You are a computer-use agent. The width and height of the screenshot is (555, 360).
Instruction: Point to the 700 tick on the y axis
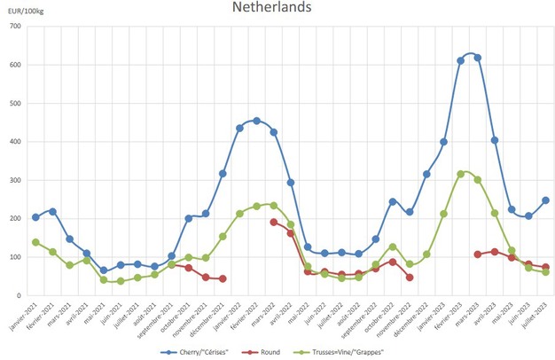pyautogui.click(x=15, y=27)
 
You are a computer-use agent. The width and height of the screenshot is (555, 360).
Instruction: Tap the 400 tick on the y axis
pyautogui.click(x=15, y=142)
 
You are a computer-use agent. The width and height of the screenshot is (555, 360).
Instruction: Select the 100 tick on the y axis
pyautogui.click(x=15, y=257)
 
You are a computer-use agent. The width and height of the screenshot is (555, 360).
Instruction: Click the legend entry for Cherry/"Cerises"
pyautogui.click(x=205, y=351)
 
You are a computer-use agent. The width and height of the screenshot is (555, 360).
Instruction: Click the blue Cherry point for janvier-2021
pyautogui.click(x=35, y=217)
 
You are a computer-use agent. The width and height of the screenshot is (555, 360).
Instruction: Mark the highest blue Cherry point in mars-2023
pyautogui.click(x=478, y=58)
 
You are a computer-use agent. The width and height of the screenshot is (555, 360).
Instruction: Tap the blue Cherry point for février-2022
pyautogui.click(x=256, y=121)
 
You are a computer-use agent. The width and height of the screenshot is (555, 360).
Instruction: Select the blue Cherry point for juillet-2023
pyautogui.click(x=545, y=200)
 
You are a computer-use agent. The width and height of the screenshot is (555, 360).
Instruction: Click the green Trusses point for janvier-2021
pyautogui.click(x=35, y=242)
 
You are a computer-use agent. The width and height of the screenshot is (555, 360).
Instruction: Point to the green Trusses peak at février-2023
pyautogui.click(x=461, y=174)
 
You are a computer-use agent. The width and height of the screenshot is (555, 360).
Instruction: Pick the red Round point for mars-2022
pyautogui.click(x=273, y=222)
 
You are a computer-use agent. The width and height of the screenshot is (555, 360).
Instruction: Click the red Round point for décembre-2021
pyautogui.click(x=223, y=278)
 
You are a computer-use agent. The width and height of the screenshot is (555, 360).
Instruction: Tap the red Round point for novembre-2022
pyautogui.click(x=410, y=277)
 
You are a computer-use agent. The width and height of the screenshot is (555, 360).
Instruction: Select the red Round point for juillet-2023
pyautogui.click(x=545, y=267)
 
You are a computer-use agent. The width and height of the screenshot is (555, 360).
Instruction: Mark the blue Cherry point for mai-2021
pyautogui.click(x=103, y=270)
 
